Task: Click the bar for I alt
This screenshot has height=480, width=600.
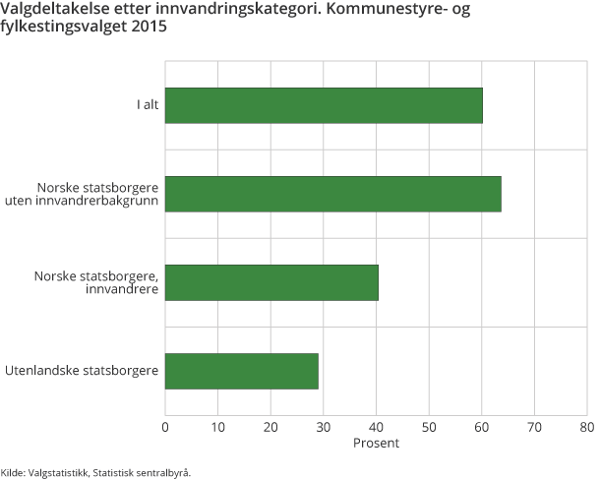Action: click(324, 105)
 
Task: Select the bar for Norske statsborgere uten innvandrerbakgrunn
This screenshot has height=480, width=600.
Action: click(332, 194)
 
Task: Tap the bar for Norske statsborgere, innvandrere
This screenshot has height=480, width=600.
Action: click(271, 282)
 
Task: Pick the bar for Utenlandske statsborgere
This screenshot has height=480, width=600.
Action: click(242, 371)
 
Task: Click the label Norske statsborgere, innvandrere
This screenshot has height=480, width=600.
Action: click(95, 282)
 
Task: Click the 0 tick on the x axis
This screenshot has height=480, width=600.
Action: click(165, 428)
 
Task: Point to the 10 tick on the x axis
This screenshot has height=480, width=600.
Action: click(217, 428)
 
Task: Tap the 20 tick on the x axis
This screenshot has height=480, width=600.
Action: click(270, 428)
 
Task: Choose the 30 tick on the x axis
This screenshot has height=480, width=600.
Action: click(323, 428)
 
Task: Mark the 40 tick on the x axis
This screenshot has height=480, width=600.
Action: click(376, 428)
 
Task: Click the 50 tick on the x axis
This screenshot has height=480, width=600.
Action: click(429, 428)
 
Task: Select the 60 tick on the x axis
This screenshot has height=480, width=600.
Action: click(481, 428)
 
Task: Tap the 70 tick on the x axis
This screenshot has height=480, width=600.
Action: click(534, 428)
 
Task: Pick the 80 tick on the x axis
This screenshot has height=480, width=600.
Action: click(586, 428)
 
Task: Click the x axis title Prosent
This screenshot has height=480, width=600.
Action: click(376, 444)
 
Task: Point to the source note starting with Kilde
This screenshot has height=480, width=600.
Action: click(95, 471)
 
